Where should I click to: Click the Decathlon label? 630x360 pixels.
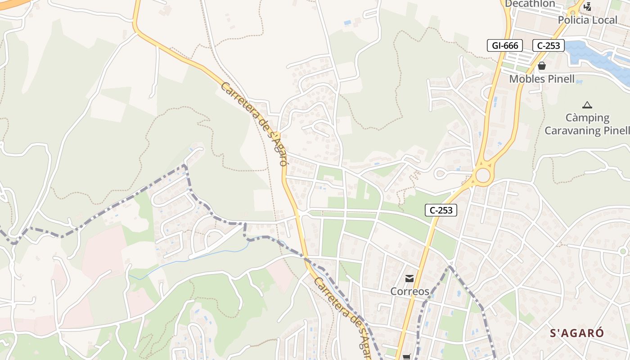pyautogui.click(x=530, y=4)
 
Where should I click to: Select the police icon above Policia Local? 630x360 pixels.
pyautogui.click(x=587, y=7)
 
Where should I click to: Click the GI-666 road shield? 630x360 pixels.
pyautogui.click(x=505, y=45)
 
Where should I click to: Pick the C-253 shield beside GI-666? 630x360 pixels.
pyautogui.click(x=549, y=45)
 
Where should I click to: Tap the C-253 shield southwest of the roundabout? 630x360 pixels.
pyautogui.click(x=441, y=210)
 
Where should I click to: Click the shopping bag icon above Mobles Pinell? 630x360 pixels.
pyautogui.click(x=542, y=66)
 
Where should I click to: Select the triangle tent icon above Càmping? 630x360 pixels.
pyautogui.click(x=587, y=105)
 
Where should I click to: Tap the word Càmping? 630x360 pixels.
pyautogui.click(x=587, y=118)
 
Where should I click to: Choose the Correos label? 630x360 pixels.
pyautogui.click(x=409, y=291)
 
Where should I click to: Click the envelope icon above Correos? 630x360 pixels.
pyautogui.click(x=409, y=279)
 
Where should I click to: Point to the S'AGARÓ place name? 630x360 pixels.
pyautogui.click(x=577, y=333)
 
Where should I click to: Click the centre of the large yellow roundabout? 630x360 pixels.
pyautogui.click(x=482, y=175)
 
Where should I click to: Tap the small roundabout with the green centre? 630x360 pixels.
pyautogui.click(x=623, y=251)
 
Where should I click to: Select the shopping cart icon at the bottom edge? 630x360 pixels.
pyautogui.click(x=407, y=357)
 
